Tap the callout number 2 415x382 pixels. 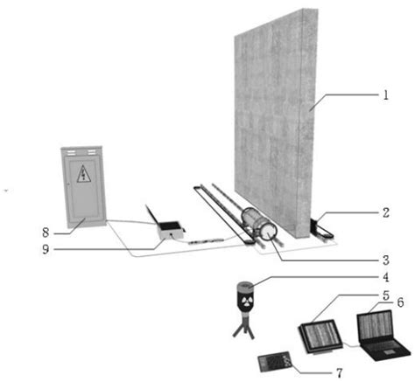coord(385,212)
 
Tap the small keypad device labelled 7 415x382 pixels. coord(275,360)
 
